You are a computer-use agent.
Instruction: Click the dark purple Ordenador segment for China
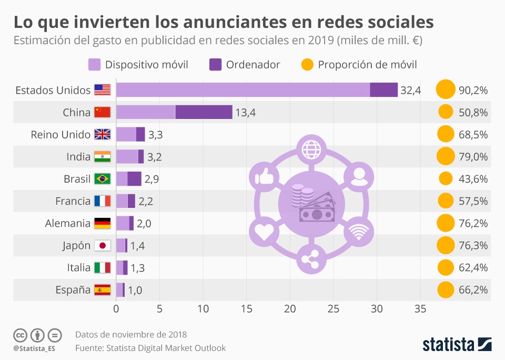tap(204, 112)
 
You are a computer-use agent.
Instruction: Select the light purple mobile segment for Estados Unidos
tap(243, 90)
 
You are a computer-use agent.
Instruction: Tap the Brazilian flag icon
tap(102, 179)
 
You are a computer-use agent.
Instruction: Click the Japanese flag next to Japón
tap(102, 245)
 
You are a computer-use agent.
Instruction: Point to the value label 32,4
tap(410, 90)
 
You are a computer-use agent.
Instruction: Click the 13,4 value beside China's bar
tap(245, 112)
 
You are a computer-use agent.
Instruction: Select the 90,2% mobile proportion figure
tap(473, 90)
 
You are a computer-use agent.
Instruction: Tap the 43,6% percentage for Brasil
tap(473, 179)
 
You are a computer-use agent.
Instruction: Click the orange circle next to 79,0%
tap(445, 156)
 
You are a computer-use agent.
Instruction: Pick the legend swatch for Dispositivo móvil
tap(95, 65)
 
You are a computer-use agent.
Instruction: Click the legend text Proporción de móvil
tap(367, 65)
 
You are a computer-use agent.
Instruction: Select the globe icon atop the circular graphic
tap(310, 148)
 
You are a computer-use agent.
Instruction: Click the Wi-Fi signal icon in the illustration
tap(359, 232)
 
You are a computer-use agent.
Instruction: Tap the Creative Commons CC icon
tap(20, 335)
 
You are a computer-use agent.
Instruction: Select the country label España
tap(73, 290)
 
